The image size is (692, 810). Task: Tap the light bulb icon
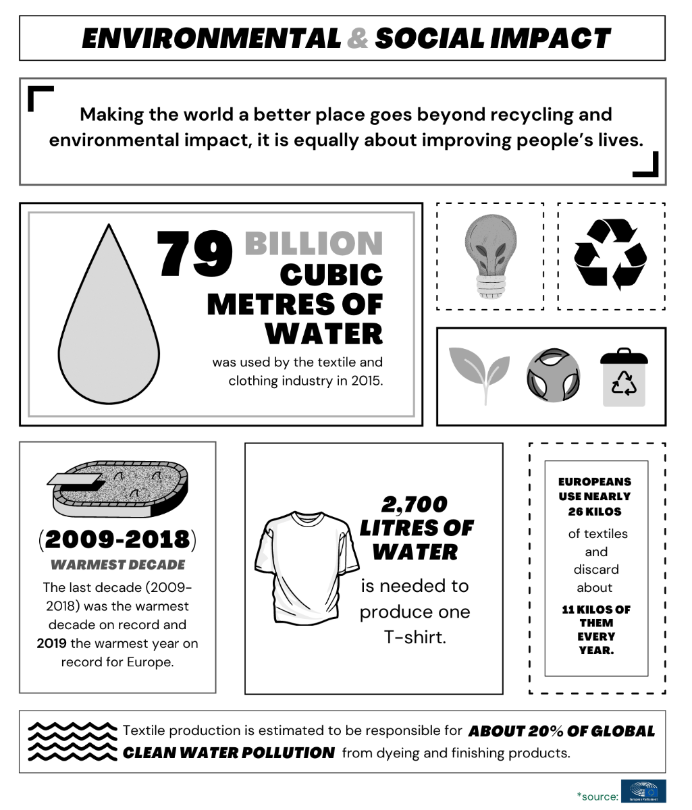click(490, 255)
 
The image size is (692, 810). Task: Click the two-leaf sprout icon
click(479, 373)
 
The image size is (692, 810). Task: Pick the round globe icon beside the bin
click(553, 375)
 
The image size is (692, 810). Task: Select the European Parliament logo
click(643, 792)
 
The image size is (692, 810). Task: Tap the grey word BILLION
click(313, 244)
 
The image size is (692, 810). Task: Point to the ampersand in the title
click(358, 38)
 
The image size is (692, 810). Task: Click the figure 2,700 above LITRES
click(415, 504)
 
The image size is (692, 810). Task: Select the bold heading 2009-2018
click(117, 539)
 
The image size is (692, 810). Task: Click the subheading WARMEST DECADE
click(117, 564)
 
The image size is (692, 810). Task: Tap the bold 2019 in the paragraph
click(51, 643)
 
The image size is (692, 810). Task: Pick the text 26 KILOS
click(595, 511)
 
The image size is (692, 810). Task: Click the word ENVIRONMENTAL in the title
click(211, 38)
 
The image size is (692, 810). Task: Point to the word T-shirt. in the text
click(415, 637)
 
